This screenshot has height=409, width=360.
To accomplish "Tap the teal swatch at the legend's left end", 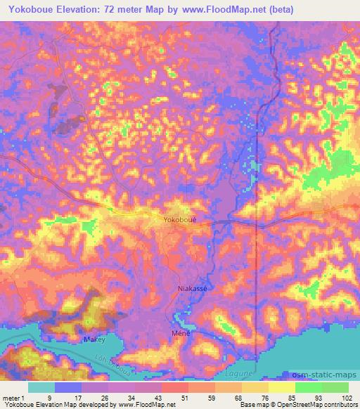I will point(42,387).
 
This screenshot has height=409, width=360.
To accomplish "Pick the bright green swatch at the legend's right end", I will point(336,387).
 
